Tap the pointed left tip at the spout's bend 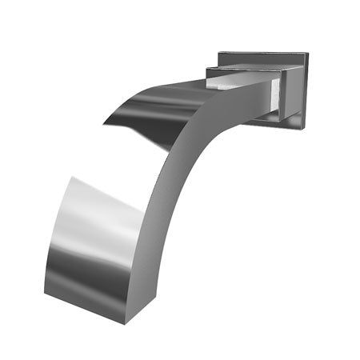tap(103, 122)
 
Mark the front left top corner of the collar tap(207, 69)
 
